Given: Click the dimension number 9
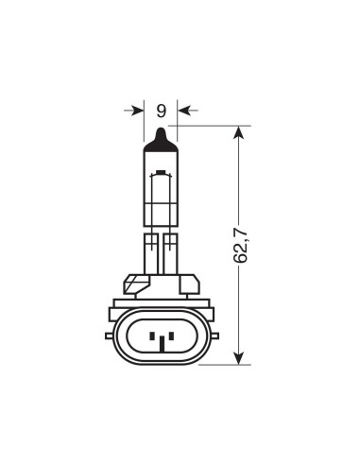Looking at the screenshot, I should pos(161,111).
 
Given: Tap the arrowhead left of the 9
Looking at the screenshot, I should pos(137,111).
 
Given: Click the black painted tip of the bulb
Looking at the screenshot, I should pos(161,140).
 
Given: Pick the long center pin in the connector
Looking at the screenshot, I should pos(161,340).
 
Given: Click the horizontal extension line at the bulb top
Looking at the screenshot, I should pos(208,126).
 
